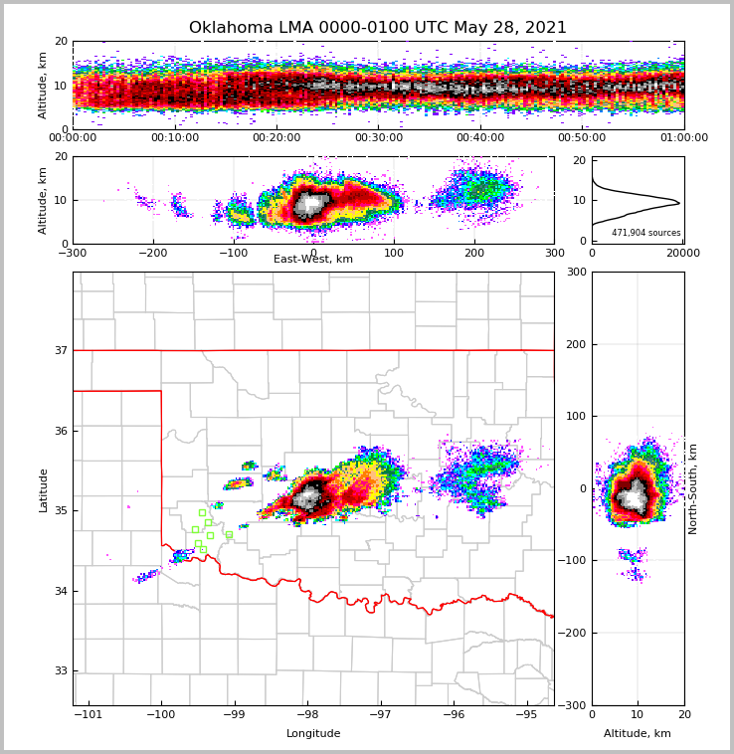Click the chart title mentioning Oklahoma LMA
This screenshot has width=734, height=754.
(x=378, y=28)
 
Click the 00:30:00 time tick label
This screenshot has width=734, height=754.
(x=378, y=138)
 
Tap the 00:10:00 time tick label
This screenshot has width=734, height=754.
(x=174, y=138)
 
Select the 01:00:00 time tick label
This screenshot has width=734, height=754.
(x=683, y=138)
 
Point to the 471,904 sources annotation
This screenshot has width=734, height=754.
(x=646, y=233)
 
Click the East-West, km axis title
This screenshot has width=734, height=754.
(x=313, y=260)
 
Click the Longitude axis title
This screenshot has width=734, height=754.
(x=313, y=734)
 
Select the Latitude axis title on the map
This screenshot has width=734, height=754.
(x=44, y=489)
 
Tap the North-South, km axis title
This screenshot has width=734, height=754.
(x=693, y=488)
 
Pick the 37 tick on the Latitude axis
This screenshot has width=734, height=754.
(x=61, y=350)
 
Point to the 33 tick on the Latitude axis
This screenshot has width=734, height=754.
(x=61, y=671)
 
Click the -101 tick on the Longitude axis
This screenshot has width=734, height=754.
(x=89, y=714)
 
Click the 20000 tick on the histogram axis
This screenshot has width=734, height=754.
(x=683, y=254)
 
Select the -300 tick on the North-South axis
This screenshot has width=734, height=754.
(x=575, y=705)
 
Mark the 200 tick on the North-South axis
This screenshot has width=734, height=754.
(x=577, y=344)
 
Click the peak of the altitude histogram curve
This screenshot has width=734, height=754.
(x=679, y=203)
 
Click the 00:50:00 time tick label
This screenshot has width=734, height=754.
(x=582, y=138)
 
